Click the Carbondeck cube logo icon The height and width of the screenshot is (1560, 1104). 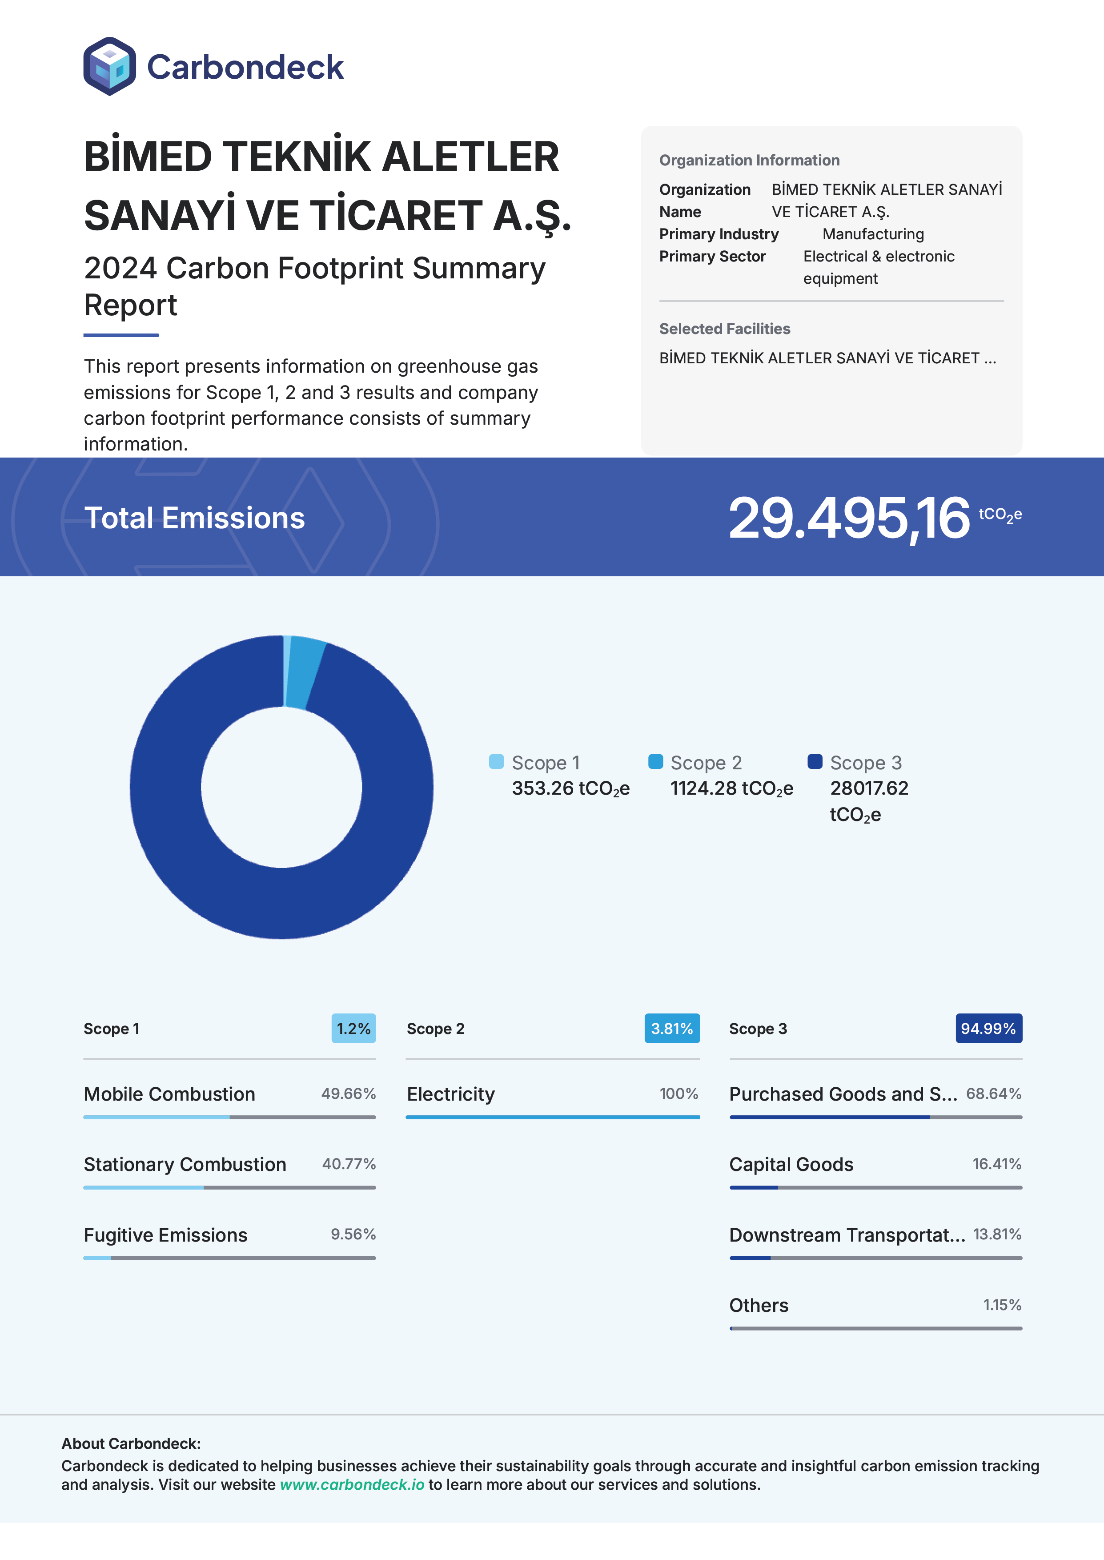109,67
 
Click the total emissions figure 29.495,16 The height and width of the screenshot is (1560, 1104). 848,518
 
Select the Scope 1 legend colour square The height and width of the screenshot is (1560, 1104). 496,761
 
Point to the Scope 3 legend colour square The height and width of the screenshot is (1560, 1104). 815,761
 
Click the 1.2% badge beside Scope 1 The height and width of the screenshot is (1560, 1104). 353,1029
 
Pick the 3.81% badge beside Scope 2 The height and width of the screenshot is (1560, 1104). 672,1029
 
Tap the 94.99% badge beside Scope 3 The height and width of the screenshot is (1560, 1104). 988,1029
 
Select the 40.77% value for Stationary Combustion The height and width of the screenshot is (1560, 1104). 349,1164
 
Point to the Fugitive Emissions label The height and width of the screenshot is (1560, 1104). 165,1234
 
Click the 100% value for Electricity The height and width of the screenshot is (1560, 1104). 678,1094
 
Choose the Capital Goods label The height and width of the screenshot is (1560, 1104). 791,1164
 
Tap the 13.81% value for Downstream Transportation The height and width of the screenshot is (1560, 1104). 996,1234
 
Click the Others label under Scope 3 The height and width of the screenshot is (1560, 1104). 759,1305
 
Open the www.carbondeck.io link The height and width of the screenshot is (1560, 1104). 352,1484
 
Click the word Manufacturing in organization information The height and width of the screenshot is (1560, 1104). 873,234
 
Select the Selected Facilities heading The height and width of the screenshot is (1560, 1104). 725,329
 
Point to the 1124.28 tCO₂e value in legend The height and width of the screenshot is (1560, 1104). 731,788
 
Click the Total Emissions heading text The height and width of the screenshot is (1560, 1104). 194,518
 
